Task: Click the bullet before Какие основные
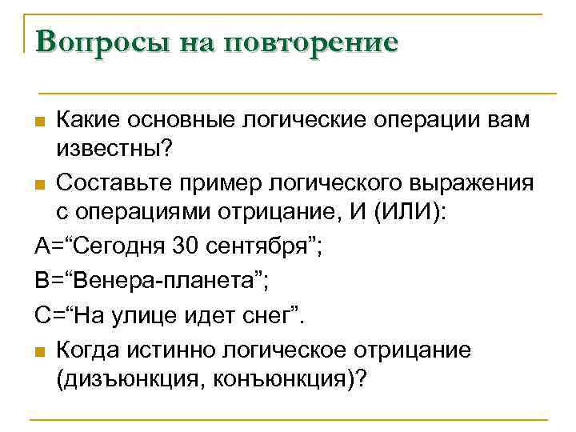point(41,122)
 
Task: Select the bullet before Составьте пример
point(41,185)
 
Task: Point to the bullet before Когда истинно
point(41,351)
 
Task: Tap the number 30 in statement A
point(185,245)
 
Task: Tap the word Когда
point(86,350)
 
